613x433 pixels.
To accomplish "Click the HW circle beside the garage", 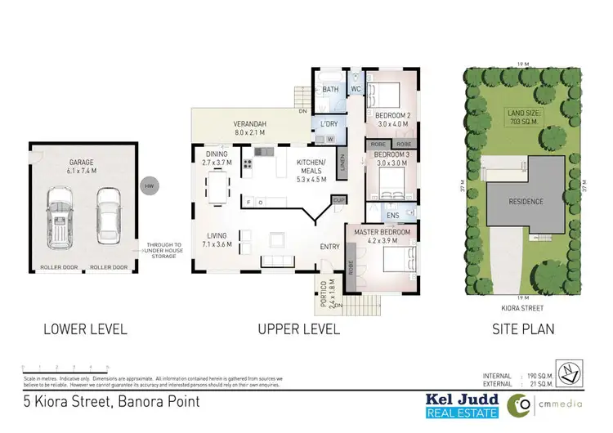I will (x=148, y=186).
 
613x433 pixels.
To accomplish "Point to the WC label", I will (x=356, y=89).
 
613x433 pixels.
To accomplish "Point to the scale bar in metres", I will (x=65, y=369).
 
